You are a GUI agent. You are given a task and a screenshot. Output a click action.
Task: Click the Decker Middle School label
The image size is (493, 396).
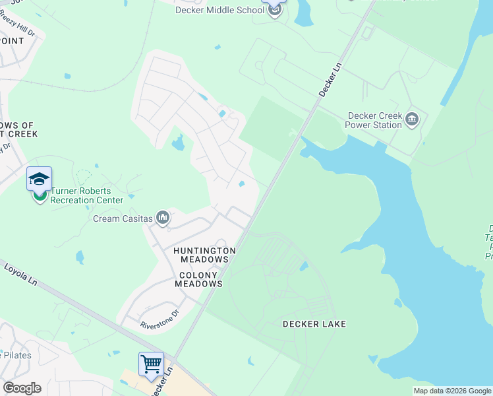pos(219,10)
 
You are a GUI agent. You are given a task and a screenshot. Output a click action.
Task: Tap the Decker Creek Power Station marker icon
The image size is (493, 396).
pos(412,119)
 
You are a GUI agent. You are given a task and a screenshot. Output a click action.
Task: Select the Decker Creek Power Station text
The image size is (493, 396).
pos(374,120)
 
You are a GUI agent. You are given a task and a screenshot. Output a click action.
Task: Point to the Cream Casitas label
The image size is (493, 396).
pos(123,218)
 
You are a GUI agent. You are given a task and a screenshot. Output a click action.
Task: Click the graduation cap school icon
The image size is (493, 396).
pos(39,180)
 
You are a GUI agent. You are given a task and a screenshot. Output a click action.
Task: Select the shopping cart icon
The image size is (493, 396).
pos(151,364)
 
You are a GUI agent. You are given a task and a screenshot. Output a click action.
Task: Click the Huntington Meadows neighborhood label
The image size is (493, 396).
pos(204,255)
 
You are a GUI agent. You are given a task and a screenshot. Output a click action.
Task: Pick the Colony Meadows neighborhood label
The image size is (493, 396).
pos(198,279)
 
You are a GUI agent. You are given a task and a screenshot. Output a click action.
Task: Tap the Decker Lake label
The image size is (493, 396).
pos(314,324)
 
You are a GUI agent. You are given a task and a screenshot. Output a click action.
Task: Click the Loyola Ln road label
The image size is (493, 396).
pos(19,274)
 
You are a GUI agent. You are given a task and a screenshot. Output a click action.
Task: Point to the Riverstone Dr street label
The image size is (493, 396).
pos(159,320)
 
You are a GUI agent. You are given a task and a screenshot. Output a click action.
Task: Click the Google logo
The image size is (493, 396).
pos(22,387)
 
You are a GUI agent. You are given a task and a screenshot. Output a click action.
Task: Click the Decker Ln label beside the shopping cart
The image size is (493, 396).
pos(158,383)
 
